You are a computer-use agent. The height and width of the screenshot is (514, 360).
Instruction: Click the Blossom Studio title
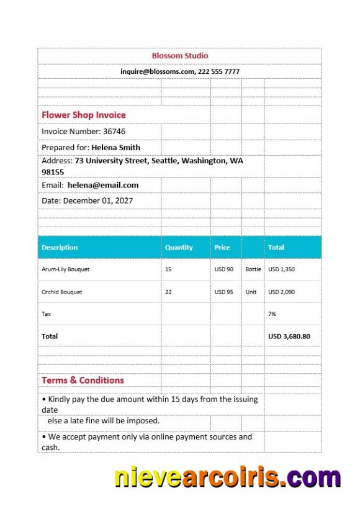(180, 56)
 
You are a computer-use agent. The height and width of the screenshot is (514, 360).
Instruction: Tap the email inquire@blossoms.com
(158, 71)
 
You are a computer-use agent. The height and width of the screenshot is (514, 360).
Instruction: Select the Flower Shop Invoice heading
(83, 115)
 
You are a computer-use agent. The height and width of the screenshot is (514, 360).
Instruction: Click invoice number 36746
(114, 132)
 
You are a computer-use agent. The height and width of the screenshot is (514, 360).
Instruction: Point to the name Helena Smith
(115, 148)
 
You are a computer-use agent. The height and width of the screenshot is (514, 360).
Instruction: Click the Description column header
(60, 247)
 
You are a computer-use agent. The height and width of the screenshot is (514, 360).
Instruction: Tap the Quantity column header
(179, 247)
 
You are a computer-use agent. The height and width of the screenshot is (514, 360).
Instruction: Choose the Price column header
(222, 247)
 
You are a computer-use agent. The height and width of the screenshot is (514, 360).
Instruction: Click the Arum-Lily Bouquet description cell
(65, 269)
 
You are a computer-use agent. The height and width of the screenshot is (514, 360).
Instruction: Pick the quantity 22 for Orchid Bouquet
(168, 292)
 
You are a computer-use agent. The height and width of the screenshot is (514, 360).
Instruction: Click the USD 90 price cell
(224, 269)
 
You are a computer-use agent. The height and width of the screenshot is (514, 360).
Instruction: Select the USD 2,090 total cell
(282, 292)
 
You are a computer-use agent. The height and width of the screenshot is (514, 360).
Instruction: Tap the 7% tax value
(272, 314)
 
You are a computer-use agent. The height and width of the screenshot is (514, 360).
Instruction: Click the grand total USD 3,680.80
(289, 336)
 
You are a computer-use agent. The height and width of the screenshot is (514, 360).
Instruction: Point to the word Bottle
(253, 269)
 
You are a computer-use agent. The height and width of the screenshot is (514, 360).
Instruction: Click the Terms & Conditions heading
(83, 380)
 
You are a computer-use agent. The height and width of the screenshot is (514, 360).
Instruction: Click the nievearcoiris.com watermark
(227, 477)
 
